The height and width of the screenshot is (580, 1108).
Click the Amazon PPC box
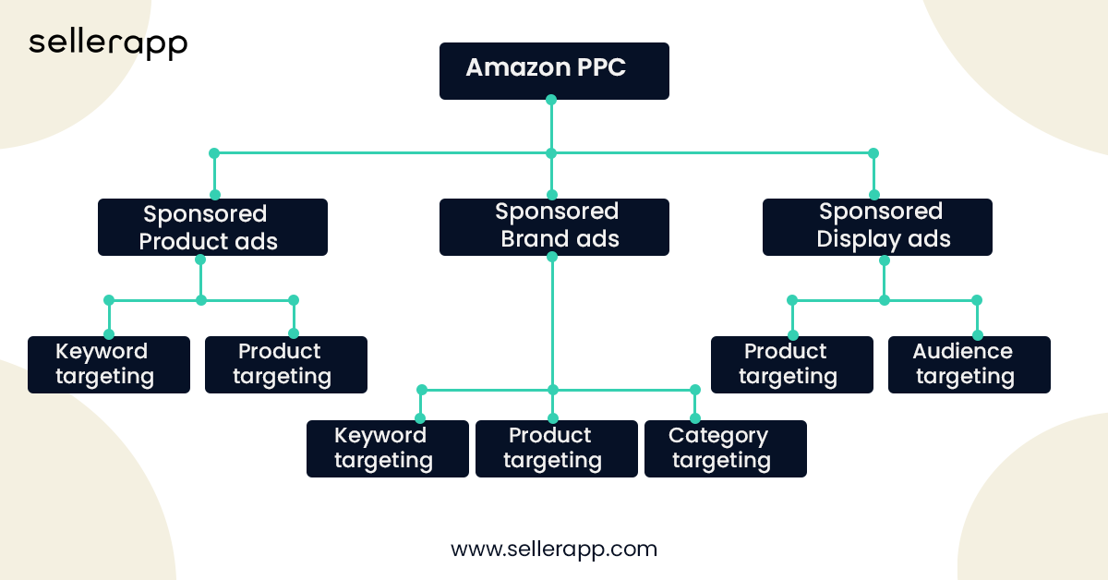point(553,70)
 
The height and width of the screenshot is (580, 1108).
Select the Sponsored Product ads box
point(212,227)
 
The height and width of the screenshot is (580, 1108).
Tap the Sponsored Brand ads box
point(553,227)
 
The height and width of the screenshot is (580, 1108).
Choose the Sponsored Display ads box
point(876,227)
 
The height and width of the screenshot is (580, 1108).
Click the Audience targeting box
point(969,365)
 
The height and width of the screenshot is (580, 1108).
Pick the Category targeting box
point(725,449)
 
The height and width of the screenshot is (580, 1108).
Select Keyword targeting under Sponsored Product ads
point(108,365)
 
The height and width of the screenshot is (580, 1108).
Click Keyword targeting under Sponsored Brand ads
point(387,449)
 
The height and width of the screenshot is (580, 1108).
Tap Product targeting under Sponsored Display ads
point(791,365)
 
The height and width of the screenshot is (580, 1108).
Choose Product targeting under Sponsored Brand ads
point(556,449)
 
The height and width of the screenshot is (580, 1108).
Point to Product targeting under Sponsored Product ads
point(285,365)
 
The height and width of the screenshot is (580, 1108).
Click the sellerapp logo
point(108,43)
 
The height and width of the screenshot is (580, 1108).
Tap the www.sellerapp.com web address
point(553,549)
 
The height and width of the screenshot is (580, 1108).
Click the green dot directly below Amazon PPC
point(551,100)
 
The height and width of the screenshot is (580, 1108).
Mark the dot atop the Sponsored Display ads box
point(873,195)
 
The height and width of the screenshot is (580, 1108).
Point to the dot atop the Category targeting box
point(695,418)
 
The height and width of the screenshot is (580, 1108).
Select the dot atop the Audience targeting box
point(977,335)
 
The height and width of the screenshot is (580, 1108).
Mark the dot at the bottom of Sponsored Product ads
point(200,260)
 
